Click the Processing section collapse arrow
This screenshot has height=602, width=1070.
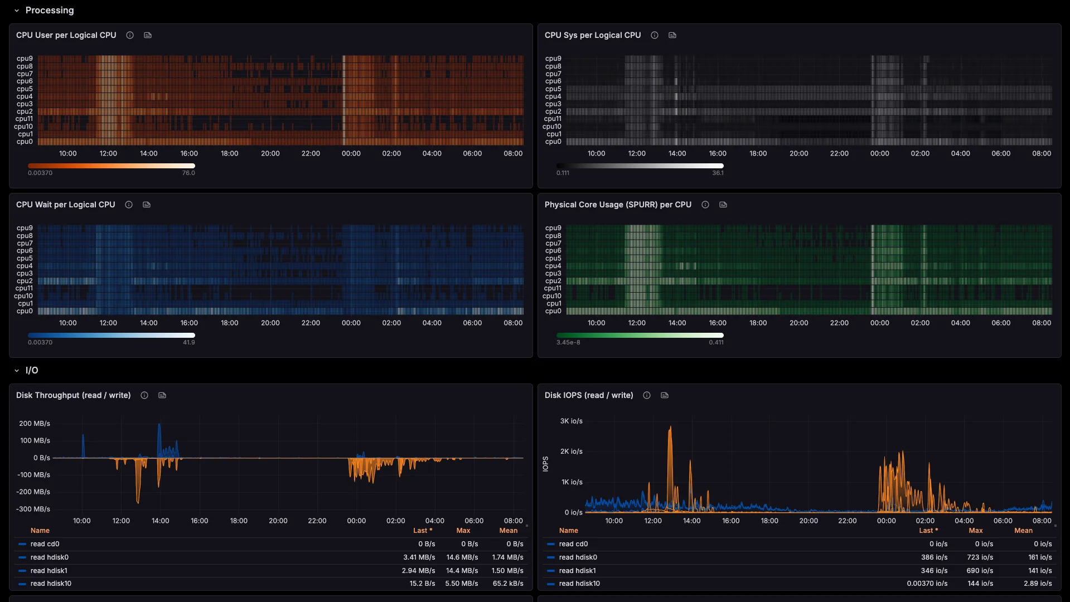17,11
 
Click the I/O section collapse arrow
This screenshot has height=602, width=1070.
17,371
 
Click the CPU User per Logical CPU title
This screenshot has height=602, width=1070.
66,35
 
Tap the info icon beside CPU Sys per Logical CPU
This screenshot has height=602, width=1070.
655,35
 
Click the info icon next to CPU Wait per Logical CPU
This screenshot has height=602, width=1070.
129,205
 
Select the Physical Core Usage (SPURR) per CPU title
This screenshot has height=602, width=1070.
618,205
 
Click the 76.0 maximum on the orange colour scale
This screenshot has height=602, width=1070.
188,173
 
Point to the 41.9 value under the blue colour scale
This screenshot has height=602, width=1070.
188,342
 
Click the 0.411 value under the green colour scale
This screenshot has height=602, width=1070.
716,342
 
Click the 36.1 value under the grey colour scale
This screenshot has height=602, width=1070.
718,173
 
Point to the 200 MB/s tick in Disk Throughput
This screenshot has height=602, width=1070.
35,424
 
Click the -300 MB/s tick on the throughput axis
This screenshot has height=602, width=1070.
33,509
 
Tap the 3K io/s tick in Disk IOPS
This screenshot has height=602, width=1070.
572,421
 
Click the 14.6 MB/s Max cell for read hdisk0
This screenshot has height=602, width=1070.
462,557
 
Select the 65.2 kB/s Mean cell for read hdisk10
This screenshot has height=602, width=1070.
507,584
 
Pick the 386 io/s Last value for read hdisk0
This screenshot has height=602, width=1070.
934,557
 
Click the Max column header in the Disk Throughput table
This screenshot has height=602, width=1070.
463,531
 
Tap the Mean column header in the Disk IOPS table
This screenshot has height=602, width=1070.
1023,531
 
